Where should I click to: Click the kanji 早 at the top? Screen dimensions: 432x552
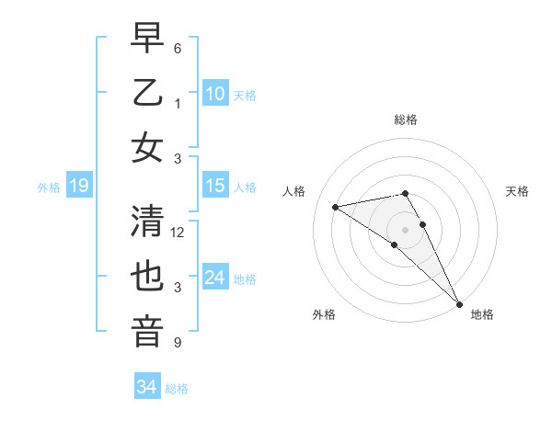pos(147,39)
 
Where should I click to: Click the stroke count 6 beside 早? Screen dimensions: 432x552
pos(178,48)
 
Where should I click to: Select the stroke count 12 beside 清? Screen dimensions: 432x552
pos(178,233)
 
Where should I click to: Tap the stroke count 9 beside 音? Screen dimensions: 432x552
pos(178,343)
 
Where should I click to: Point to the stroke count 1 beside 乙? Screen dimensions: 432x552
pos(178,104)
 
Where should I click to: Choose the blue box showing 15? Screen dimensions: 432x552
pos(215,186)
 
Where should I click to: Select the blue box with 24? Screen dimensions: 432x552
pos(215,278)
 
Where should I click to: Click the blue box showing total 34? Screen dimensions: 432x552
pos(147,387)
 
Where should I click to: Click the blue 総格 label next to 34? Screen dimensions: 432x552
pos(178,389)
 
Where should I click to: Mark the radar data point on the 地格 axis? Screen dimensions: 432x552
pos(458,303)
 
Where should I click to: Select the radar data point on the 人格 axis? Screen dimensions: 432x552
pos(336,207)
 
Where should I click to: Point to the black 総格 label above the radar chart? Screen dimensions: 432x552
pos(406,119)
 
